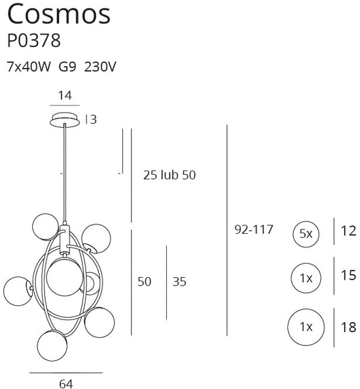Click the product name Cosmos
pos(58,14)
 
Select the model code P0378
pos(33,41)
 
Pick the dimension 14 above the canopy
pos(65,95)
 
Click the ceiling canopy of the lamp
pos(65,119)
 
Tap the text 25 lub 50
pos(170,175)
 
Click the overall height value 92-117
pos(253,230)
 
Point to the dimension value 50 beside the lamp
pos(144,282)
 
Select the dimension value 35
pos(179,282)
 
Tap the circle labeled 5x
pos(306,233)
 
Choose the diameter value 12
pos(349,230)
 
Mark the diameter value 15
pos(349,276)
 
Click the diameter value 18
pos(349,325)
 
